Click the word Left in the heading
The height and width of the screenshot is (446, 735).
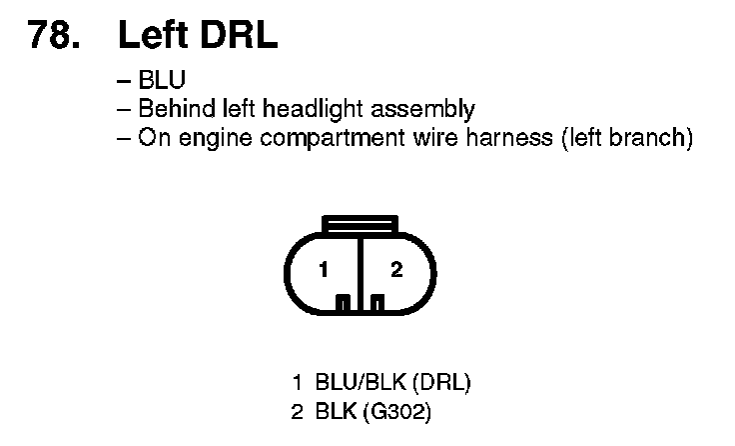point(153,36)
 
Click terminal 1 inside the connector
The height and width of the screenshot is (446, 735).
point(324,270)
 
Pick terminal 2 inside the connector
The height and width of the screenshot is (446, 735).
point(395,270)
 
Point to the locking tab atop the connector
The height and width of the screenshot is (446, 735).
point(360,224)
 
